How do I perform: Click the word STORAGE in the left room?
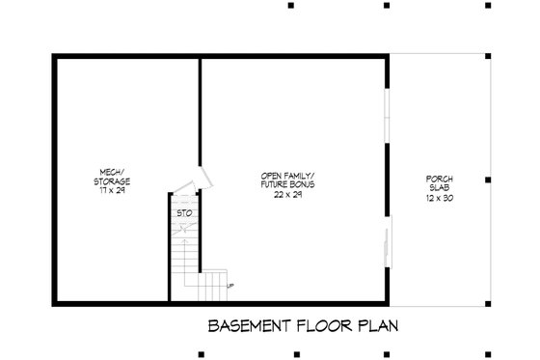(x=113, y=182)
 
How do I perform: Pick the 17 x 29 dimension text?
(x=113, y=190)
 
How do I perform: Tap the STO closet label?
(x=183, y=212)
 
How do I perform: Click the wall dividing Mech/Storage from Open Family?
(x=200, y=116)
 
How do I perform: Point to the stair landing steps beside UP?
(x=214, y=286)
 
